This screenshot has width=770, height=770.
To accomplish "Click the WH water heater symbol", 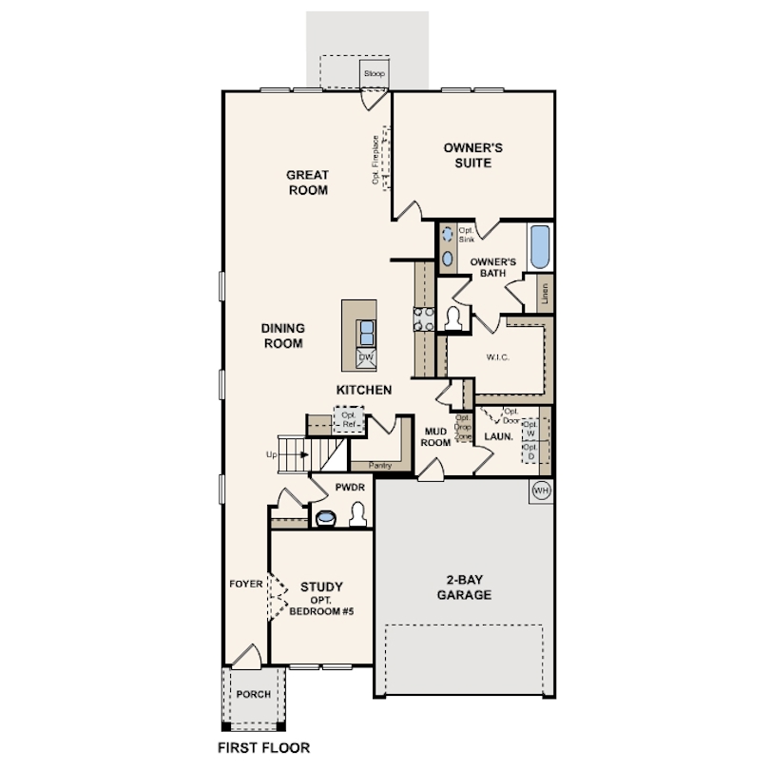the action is [541, 491].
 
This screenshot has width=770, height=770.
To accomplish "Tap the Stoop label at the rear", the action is [375, 73].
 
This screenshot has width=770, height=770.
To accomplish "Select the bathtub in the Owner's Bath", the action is [540, 247].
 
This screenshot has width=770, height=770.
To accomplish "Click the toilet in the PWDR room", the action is [357, 514].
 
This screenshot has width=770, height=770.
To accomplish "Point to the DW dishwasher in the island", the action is [366, 357].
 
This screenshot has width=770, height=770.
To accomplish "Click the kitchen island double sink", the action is [366, 333].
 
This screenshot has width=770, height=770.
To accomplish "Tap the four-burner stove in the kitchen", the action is [424, 319].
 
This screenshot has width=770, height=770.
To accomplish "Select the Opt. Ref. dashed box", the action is [349, 420].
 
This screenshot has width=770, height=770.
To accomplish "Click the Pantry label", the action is [379, 466].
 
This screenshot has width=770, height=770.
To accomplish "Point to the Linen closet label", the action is [545, 294].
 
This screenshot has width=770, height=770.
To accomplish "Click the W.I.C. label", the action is [497, 357].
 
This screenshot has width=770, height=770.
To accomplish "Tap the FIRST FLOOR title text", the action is [263, 747].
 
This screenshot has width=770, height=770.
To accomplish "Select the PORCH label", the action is [254, 694].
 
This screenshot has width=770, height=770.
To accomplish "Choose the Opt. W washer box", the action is [530, 429].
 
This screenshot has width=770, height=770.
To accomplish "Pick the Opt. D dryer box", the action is [530, 452].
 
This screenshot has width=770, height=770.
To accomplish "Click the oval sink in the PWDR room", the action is [325, 517].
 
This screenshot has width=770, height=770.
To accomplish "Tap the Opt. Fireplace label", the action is [375, 160].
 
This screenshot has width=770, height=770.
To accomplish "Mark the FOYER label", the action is [246, 584].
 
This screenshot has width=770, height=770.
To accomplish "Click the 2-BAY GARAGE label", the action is [464, 587].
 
